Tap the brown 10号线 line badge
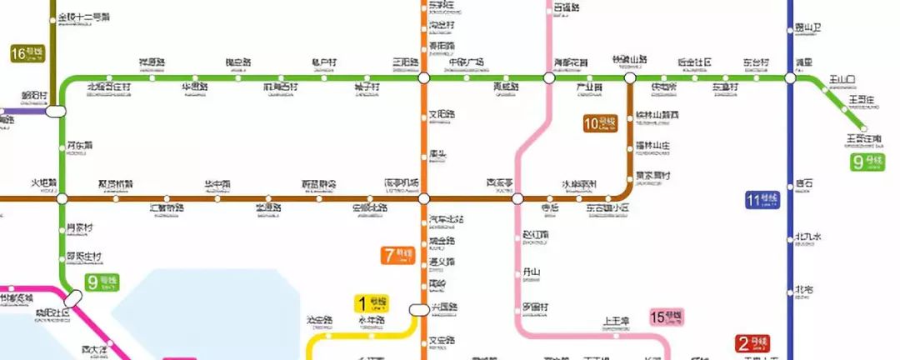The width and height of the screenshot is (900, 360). (x=600, y=124)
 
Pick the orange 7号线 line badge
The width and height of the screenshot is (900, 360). (x=398, y=255)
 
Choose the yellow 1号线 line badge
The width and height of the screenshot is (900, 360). (x=372, y=303)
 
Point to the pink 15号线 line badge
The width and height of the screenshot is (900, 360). (x=667, y=318)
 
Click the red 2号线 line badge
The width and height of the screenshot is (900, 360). (x=752, y=343)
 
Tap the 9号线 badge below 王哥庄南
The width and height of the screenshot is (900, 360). (x=867, y=162)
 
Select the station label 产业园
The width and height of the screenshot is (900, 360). (x=590, y=87)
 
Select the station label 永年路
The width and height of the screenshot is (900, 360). (x=372, y=321)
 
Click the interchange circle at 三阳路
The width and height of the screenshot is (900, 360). (x=423, y=78)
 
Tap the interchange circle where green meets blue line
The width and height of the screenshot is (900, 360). (x=790, y=78)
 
